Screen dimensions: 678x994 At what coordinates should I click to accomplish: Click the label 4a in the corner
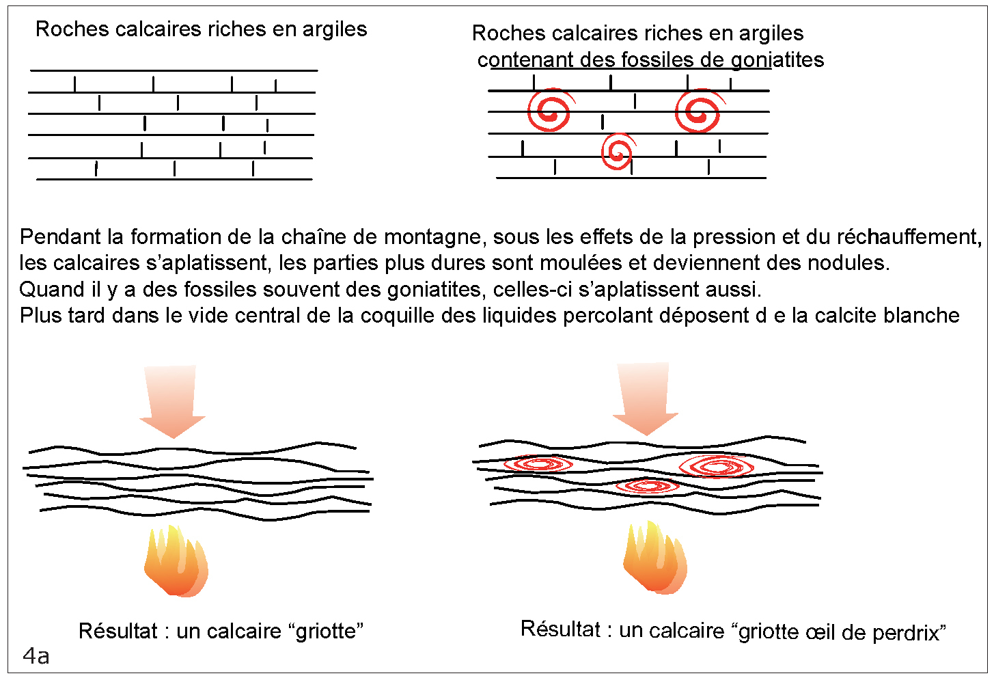[x=36, y=656]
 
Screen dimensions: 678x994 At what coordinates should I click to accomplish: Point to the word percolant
[x=605, y=316]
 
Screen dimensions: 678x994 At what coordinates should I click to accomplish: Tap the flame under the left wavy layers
[x=176, y=561]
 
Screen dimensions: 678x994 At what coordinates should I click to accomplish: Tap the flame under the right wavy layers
[x=654, y=558]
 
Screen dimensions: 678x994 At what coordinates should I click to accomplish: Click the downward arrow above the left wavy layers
[x=172, y=401]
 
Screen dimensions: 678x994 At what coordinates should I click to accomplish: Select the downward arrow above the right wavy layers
[x=645, y=398]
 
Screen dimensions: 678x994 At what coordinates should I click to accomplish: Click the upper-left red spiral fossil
[x=549, y=110]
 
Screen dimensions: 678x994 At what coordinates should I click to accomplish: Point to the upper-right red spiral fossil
[x=698, y=111]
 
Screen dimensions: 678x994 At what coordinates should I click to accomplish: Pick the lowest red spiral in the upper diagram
[x=618, y=151]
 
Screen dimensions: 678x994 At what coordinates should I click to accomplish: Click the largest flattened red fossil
[x=717, y=467]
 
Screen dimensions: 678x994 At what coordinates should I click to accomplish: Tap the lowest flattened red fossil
[x=646, y=486]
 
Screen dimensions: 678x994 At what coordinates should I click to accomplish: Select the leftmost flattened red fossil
[x=538, y=465]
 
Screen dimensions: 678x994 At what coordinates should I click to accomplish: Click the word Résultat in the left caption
[x=118, y=631]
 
